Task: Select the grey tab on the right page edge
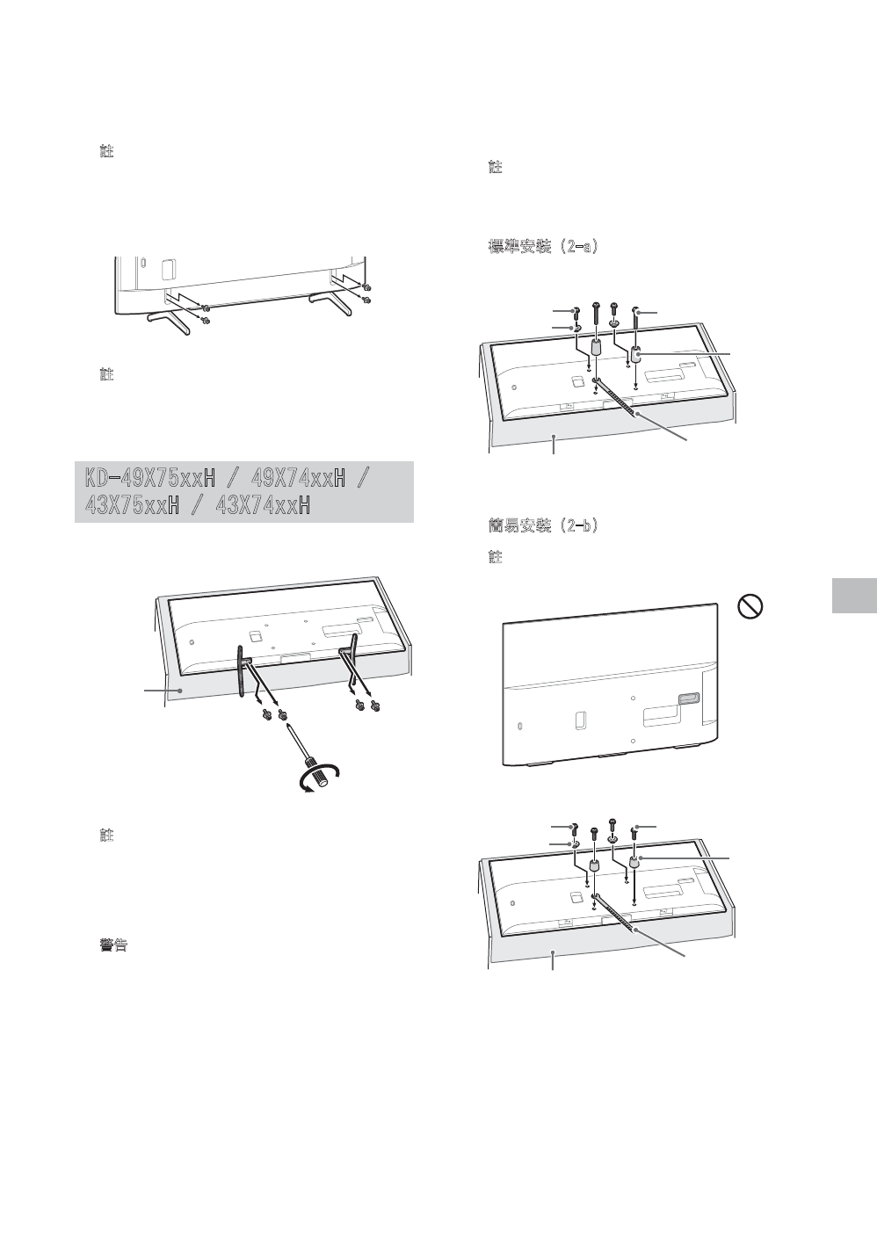coord(852,596)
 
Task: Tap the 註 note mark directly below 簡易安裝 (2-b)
coord(496,558)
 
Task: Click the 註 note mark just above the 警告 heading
coord(107,835)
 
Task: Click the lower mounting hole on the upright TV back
coord(634,741)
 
